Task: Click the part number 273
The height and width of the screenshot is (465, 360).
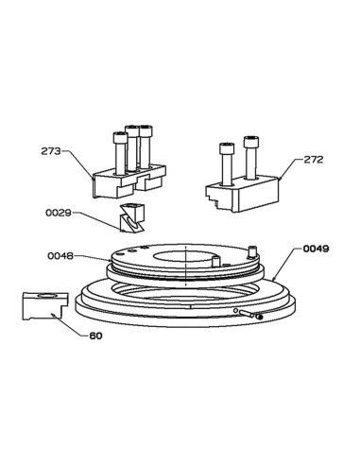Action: pyautogui.click(x=51, y=151)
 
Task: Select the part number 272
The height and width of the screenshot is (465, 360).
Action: pyautogui.click(x=313, y=160)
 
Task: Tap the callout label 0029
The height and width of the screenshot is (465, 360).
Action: pyautogui.click(x=59, y=213)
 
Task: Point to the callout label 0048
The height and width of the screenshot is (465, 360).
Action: pyautogui.click(x=60, y=256)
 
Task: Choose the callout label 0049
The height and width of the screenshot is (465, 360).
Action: pyautogui.click(x=316, y=249)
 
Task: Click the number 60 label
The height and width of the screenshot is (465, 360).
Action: pyautogui.click(x=95, y=336)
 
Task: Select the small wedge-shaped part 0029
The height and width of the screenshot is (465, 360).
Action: pyautogui.click(x=132, y=218)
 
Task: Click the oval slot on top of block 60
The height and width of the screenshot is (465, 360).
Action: pyautogui.click(x=47, y=296)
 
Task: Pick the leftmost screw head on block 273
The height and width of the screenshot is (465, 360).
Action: pyautogui.click(x=120, y=137)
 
